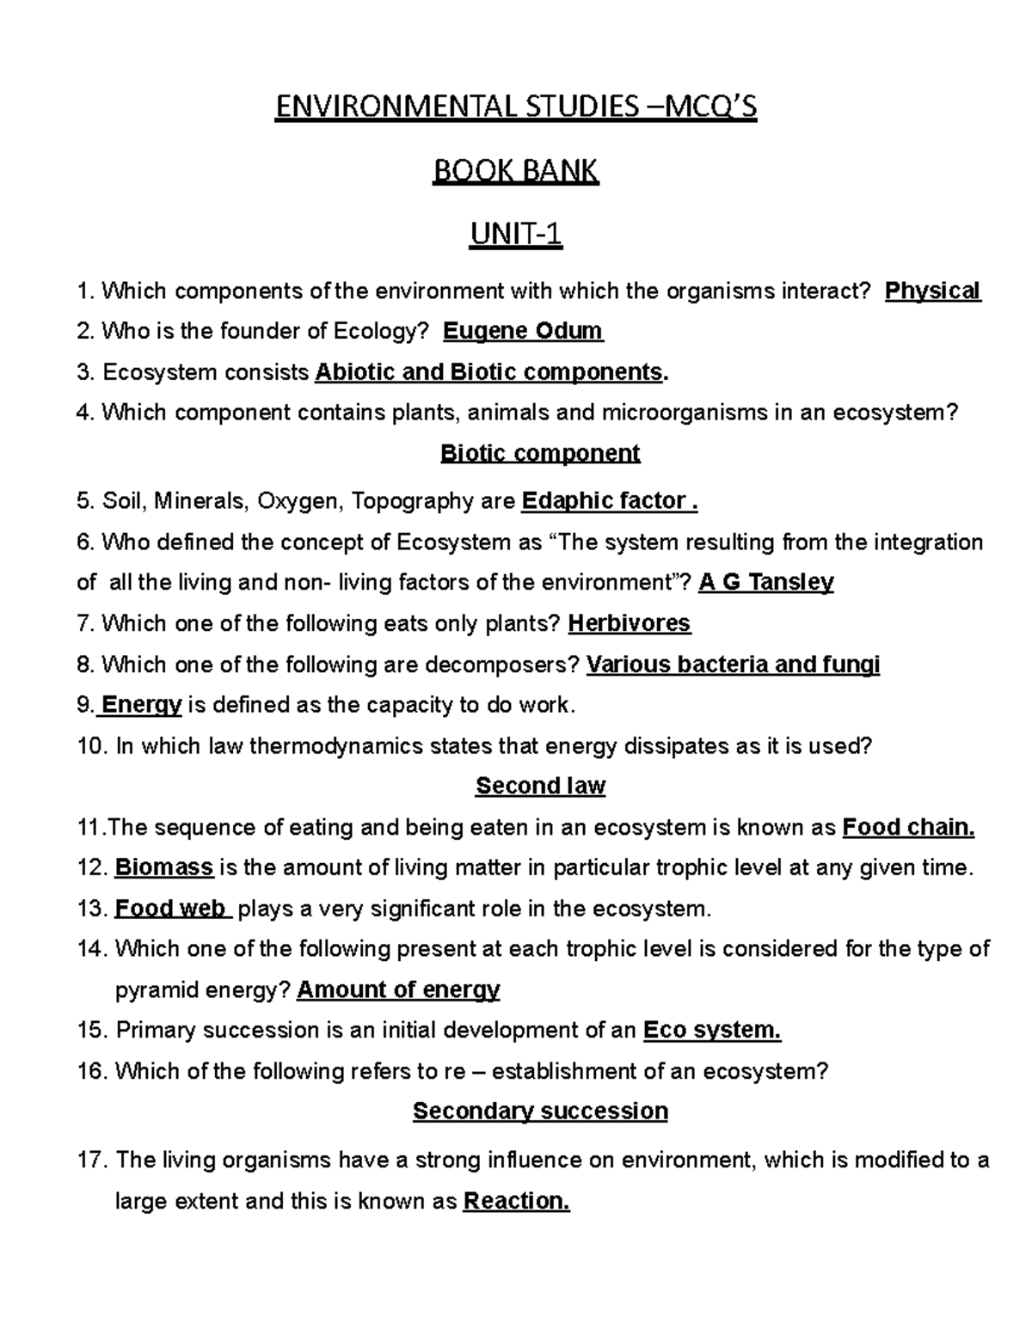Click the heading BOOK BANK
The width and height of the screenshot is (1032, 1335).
515,172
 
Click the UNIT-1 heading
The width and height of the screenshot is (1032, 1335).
515,234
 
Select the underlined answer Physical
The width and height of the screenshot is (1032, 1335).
933,291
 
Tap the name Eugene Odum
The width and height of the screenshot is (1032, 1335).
522,331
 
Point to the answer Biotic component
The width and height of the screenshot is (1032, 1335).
540,453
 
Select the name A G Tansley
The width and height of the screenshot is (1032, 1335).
766,582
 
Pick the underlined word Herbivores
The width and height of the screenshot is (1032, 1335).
630,623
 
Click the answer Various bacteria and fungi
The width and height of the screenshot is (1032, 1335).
733,664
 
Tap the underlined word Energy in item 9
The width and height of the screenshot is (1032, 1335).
141,705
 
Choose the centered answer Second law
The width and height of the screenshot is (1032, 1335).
540,786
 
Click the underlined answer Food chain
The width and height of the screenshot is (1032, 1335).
908,827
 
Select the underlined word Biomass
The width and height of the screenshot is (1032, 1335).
164,867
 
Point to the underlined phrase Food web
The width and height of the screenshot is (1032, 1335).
171,909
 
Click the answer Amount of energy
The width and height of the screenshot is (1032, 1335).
398,989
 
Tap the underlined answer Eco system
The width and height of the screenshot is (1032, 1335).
712,1030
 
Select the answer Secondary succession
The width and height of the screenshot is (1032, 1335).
540,1111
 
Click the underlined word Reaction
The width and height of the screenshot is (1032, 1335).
516,1201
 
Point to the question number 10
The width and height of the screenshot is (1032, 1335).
90,746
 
